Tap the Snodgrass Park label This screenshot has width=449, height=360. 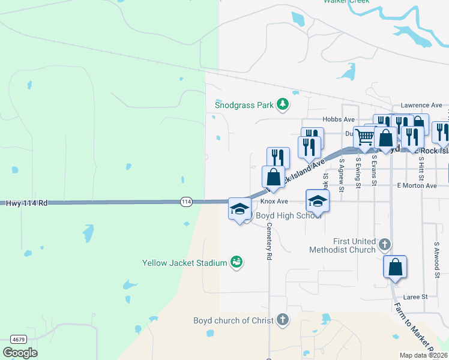tap(244, 105)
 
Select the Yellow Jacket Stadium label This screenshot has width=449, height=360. tap(184, 263)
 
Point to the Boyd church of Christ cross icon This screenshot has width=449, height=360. tap(283, 320)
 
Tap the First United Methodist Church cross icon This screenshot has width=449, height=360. tap(385, 245)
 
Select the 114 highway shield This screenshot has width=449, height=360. tap(186, 202)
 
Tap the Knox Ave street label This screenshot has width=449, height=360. tap(274, 202)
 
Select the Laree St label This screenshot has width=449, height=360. tap(415, 296)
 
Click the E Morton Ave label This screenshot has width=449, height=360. tap(417, 186)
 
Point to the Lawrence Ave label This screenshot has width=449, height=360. tap(421, 105)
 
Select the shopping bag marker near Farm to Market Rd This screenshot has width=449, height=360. tap(396, 267)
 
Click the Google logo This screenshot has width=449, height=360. tap(20, 353)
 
